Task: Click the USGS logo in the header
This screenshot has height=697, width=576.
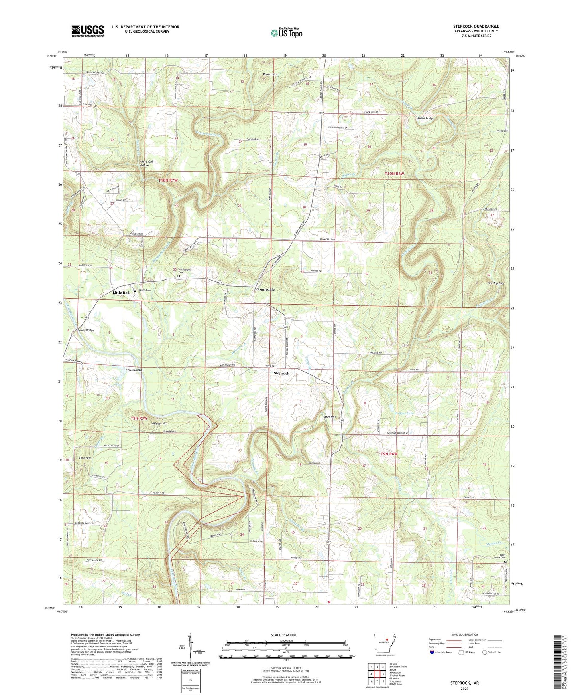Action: coord(88,31)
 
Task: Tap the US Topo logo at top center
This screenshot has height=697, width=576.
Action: coord(286,33)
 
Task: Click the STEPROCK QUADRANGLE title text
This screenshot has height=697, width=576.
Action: coord(476,26)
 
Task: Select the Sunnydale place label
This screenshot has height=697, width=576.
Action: coord(265,289)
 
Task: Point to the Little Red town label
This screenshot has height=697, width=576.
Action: coord(121,293)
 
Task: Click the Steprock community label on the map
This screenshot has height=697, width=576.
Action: coord(281,373)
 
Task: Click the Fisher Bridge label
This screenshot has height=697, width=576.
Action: coord(425,119)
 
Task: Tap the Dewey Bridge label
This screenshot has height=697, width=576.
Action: coord(86,330)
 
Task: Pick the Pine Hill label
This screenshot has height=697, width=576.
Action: coord(85,458)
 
